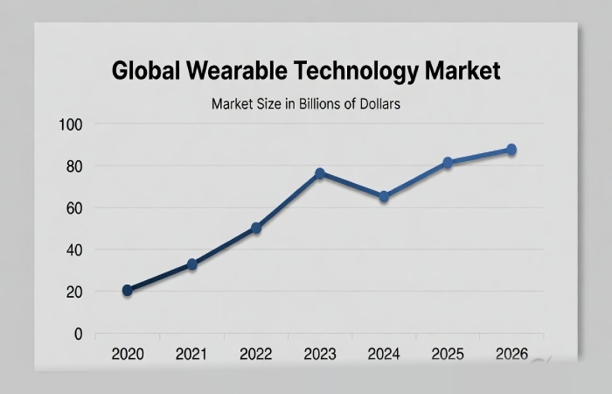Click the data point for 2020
pos(128,290)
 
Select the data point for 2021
pos(191,264)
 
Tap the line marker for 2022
pos(256,228)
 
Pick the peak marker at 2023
pos(320,173)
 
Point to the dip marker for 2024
pos(384,197)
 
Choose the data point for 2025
pos(448,163)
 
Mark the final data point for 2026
pos(511,150)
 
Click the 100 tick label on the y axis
pos(70,124)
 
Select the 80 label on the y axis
pos(73,166)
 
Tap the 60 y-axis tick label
pos(73,208)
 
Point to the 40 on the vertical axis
pos(73,250)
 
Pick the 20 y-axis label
pos(73,292)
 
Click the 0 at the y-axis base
pos(78,334)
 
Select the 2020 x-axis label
pos(128,355)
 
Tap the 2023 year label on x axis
pos(320,355)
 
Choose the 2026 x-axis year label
pos(511,355)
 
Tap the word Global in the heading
pos(143,71)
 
